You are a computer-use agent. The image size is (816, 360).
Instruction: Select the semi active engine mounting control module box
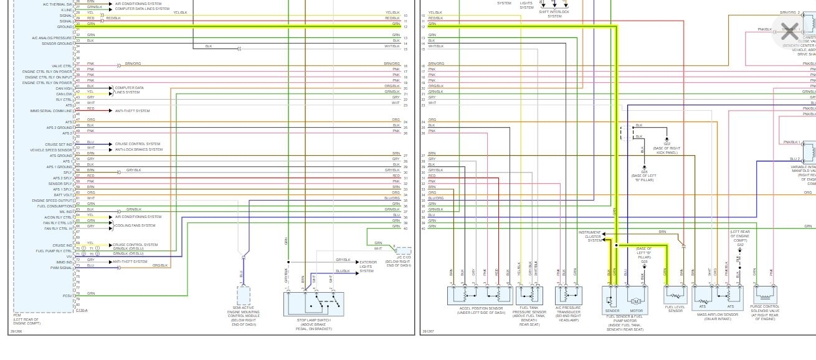click(243, 295)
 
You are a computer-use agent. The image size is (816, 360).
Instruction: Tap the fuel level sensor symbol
click(675, 295)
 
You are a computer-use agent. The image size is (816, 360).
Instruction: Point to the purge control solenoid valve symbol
click(765, 294)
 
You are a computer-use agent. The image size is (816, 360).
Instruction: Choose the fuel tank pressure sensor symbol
click(529, 295)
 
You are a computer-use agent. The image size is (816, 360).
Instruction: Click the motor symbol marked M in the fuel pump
click(636, 301)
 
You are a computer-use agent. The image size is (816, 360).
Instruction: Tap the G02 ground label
click(667, 143)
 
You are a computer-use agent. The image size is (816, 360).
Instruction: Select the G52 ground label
click(740, 245)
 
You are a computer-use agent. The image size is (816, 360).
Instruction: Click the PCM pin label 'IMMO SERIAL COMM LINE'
click(52, 111)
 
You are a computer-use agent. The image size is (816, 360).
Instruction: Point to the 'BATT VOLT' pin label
click(64, 195)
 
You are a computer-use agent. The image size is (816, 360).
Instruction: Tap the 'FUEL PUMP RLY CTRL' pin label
click(55, 251)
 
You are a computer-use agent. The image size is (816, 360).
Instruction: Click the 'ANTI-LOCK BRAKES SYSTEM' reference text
click(138, 149)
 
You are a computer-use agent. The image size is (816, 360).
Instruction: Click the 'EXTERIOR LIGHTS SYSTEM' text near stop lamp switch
click(368, 266)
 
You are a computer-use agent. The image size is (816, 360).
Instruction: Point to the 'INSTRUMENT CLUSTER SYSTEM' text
click(592, 236)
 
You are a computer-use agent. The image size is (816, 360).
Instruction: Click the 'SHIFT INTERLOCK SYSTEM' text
click(554, 14)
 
